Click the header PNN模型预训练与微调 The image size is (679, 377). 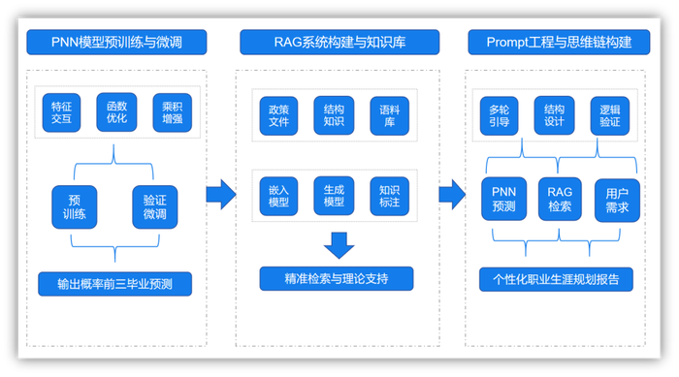[x=115, y=42]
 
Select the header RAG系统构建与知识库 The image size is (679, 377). [x=338, y=42]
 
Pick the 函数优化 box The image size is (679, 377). [x=115, y=111]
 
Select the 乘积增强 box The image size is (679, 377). [x=172, y=111]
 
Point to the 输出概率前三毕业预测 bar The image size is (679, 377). [x=115, y=284]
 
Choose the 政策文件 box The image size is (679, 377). [x=278, y=116]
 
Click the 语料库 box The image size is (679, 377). [x=389, y=116]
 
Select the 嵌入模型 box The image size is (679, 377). [x=278, y=196]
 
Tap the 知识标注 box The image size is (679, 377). [x=389, y=196]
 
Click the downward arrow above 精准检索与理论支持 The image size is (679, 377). [x=339, y=244]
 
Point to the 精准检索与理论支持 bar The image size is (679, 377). [x=337, y=279]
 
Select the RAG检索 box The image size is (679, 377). [x=560, y=199]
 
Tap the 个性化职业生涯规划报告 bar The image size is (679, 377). [x=556, y=279]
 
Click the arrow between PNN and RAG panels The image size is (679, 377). [x=221, y=194]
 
